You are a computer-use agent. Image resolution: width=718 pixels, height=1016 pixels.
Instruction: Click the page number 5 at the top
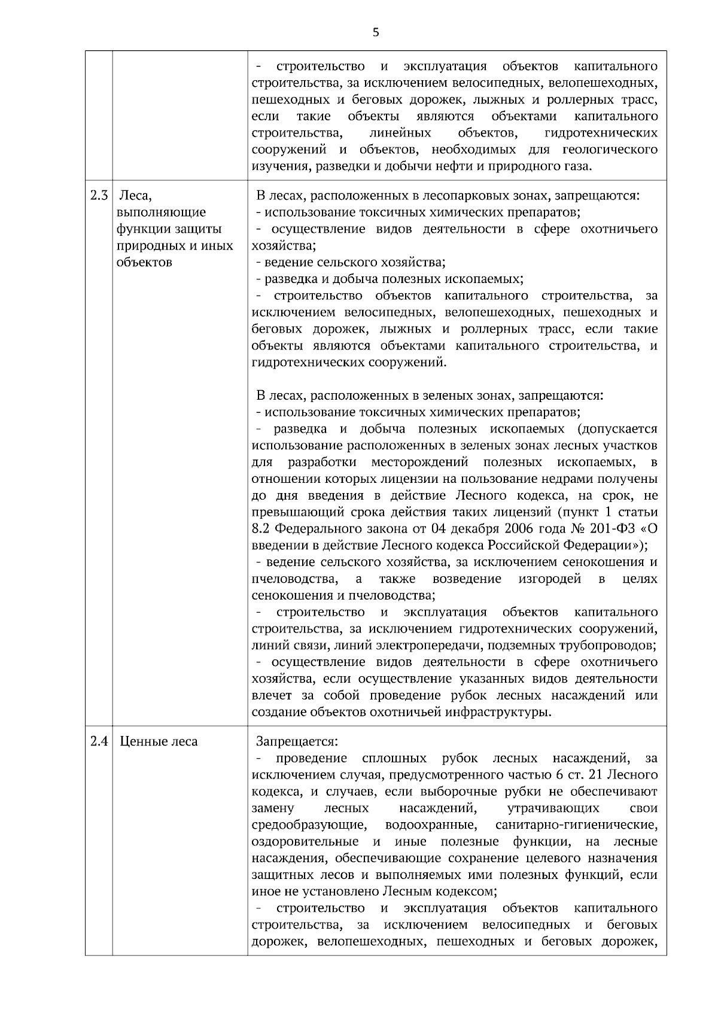click(x=375, y=32)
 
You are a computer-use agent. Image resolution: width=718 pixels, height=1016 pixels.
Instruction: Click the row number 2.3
click(x=99, y=196)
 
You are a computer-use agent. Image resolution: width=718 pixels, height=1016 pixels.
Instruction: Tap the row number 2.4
click(x=99, y=742)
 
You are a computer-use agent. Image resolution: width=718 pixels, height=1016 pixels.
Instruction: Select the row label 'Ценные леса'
click(x=159, y=742)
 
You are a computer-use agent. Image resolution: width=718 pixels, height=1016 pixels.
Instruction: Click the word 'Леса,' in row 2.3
click(x=136, y=196)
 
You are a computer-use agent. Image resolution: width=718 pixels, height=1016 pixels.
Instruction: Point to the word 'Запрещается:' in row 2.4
click(x=297, y=742)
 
